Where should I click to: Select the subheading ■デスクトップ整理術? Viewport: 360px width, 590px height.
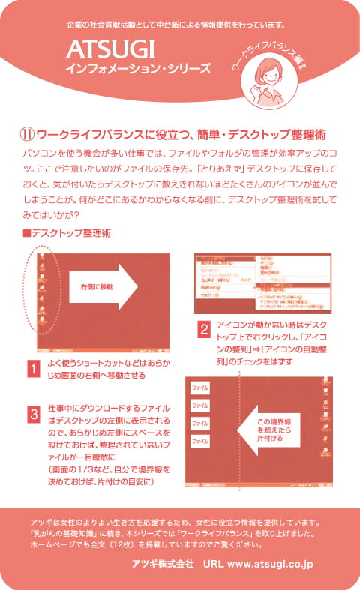click(67, 233)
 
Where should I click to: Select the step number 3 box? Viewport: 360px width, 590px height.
click(33, 414)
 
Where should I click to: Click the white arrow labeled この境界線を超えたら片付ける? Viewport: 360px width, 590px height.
click(271, 431)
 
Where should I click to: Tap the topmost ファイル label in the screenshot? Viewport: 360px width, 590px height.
click(200, 388)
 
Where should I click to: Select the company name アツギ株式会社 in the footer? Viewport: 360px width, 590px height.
click(162, 562)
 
